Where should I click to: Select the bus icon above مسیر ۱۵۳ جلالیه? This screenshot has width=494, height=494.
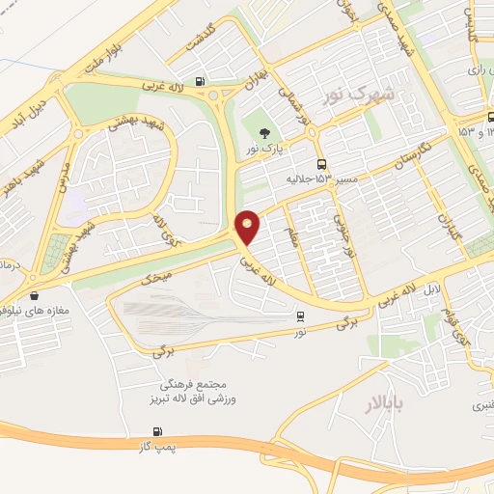pyautogui.click(x=321, y=164)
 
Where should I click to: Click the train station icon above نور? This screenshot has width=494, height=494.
pyautogui.click(x=301, y=316)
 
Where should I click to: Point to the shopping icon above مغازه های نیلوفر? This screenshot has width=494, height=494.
pyautogui.click(x=36, y=296)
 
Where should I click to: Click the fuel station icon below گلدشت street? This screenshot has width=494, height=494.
pyautogui.click(x=199, y=81)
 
